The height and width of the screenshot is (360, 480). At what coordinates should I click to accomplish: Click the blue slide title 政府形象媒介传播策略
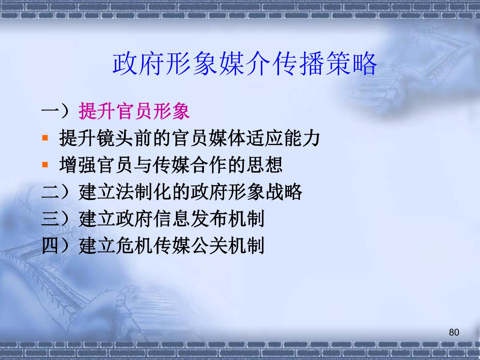pos(245,64)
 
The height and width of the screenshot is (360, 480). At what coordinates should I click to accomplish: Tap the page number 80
pos(454,332)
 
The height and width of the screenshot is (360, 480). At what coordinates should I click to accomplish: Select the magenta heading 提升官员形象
pos(134,111)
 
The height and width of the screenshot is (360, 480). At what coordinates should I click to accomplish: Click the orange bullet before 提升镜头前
pos(45,138)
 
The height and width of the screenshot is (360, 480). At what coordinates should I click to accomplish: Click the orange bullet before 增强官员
pos(45,164)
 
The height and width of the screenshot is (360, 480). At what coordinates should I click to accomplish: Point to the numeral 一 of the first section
pos(50,111)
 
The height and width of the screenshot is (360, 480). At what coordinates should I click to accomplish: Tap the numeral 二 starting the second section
pos(50,192)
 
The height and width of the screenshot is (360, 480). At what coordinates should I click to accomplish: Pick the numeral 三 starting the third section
pos(50,219)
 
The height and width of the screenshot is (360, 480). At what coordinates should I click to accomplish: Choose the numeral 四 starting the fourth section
pos(50,246)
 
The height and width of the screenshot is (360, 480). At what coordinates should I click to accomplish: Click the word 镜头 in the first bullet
pos(115,138)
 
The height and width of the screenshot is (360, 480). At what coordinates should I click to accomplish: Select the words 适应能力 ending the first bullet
pos(283,138)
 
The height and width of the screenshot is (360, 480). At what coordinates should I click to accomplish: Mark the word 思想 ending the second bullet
pos(264,164)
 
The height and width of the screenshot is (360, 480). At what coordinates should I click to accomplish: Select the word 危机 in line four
pos(134,246)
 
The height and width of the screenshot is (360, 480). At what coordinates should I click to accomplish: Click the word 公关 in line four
pos(209,246)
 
